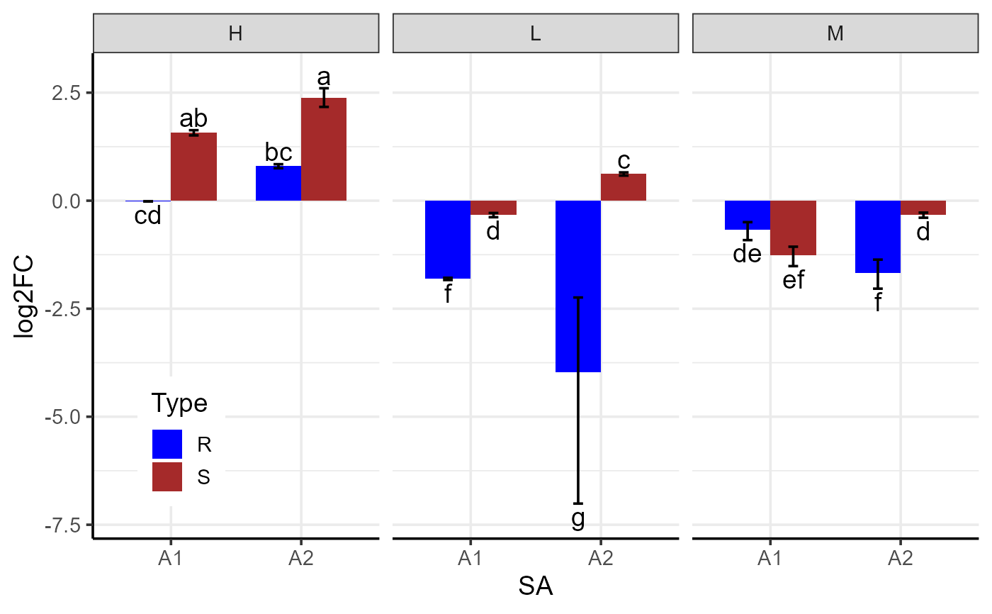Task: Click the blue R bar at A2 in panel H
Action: tap(278, 184)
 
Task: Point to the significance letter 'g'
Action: tap(578, 519)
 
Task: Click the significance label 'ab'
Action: tap(193, 118)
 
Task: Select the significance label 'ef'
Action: tap(794, 280)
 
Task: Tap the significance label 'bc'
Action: tap(278, 152)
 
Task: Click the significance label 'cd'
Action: tap(148, 216)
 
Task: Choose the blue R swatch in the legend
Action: tap(167, 445)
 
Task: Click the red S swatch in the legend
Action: tap(167, 477)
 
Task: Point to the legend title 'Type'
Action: tap(180, 403)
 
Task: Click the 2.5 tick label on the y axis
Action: tap(68, 93)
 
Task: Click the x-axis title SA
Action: tap(535, 588)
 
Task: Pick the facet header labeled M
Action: tap(835, 34)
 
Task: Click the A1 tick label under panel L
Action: tap(470, 559)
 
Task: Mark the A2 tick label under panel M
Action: tap(900, 559)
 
